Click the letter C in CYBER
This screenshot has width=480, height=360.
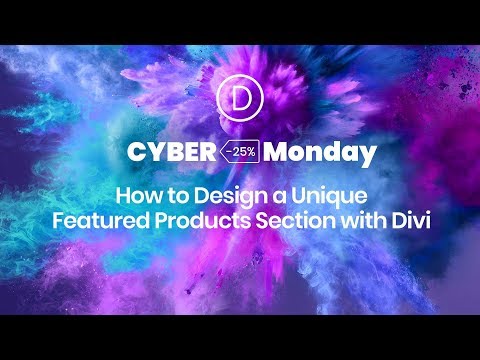tap(135, 154)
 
